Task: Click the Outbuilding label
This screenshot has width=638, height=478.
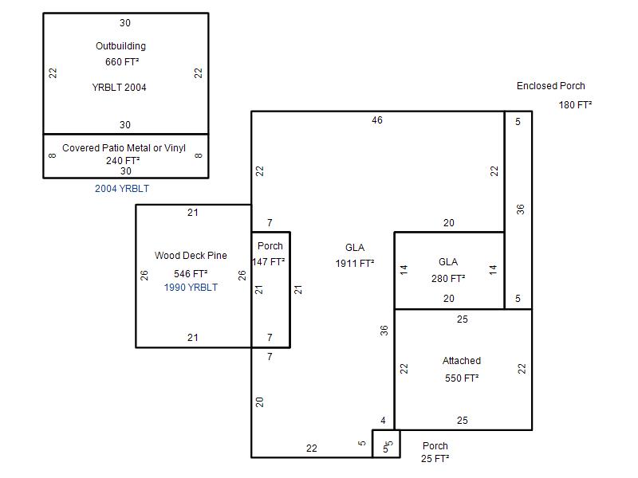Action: pos(121,46)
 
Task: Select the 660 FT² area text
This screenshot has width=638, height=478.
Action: pos(122,62)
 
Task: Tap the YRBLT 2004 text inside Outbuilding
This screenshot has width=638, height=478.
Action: pos(119,88)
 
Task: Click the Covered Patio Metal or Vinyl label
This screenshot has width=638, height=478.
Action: pos(124,148)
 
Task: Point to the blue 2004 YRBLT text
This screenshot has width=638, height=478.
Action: pos(122,189)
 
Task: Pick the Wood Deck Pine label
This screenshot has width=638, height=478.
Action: pos(191,255)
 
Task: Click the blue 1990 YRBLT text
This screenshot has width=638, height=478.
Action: pos(191,288)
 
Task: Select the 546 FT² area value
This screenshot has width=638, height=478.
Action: pos(191,273)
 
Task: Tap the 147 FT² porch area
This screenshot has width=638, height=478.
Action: pos(269,262)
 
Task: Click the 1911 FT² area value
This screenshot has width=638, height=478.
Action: pos(355,264)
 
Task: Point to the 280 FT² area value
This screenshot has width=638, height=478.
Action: pos(448,278)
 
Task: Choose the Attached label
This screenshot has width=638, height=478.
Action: pos(462,361)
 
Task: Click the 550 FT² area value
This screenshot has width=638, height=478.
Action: pos(462,378)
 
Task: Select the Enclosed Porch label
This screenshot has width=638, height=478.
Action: pos(551,86)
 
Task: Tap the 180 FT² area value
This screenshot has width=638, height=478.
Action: pos(575,105)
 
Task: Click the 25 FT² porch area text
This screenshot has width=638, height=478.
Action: pos(435,459)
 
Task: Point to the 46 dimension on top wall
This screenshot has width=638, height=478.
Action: pos(377,120)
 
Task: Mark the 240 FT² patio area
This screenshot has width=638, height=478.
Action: pos(123,161)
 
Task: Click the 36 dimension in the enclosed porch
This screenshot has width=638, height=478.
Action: pos(521,210)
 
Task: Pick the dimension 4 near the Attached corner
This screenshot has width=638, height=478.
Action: pos(383,421)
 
